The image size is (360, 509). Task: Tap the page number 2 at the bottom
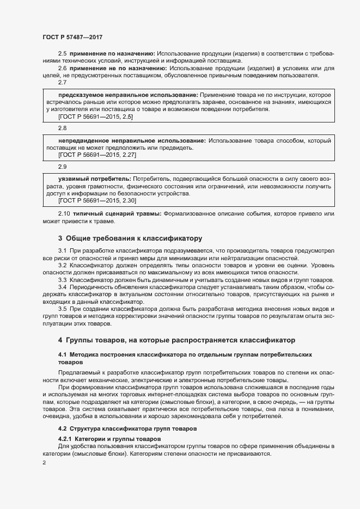point(44,463)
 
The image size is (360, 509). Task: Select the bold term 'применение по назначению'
point(113,53)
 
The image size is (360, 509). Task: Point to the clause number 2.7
point(62,83)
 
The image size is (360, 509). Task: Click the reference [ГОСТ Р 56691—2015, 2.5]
point(96,116)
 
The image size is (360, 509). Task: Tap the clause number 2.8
point(62,128)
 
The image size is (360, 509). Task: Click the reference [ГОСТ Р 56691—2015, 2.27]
point(97,155)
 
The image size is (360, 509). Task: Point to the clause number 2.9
point(62,167)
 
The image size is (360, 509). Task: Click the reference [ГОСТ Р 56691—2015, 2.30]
point(97,200)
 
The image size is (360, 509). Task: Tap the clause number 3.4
point(62,286)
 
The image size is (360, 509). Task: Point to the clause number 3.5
point(62,309)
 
